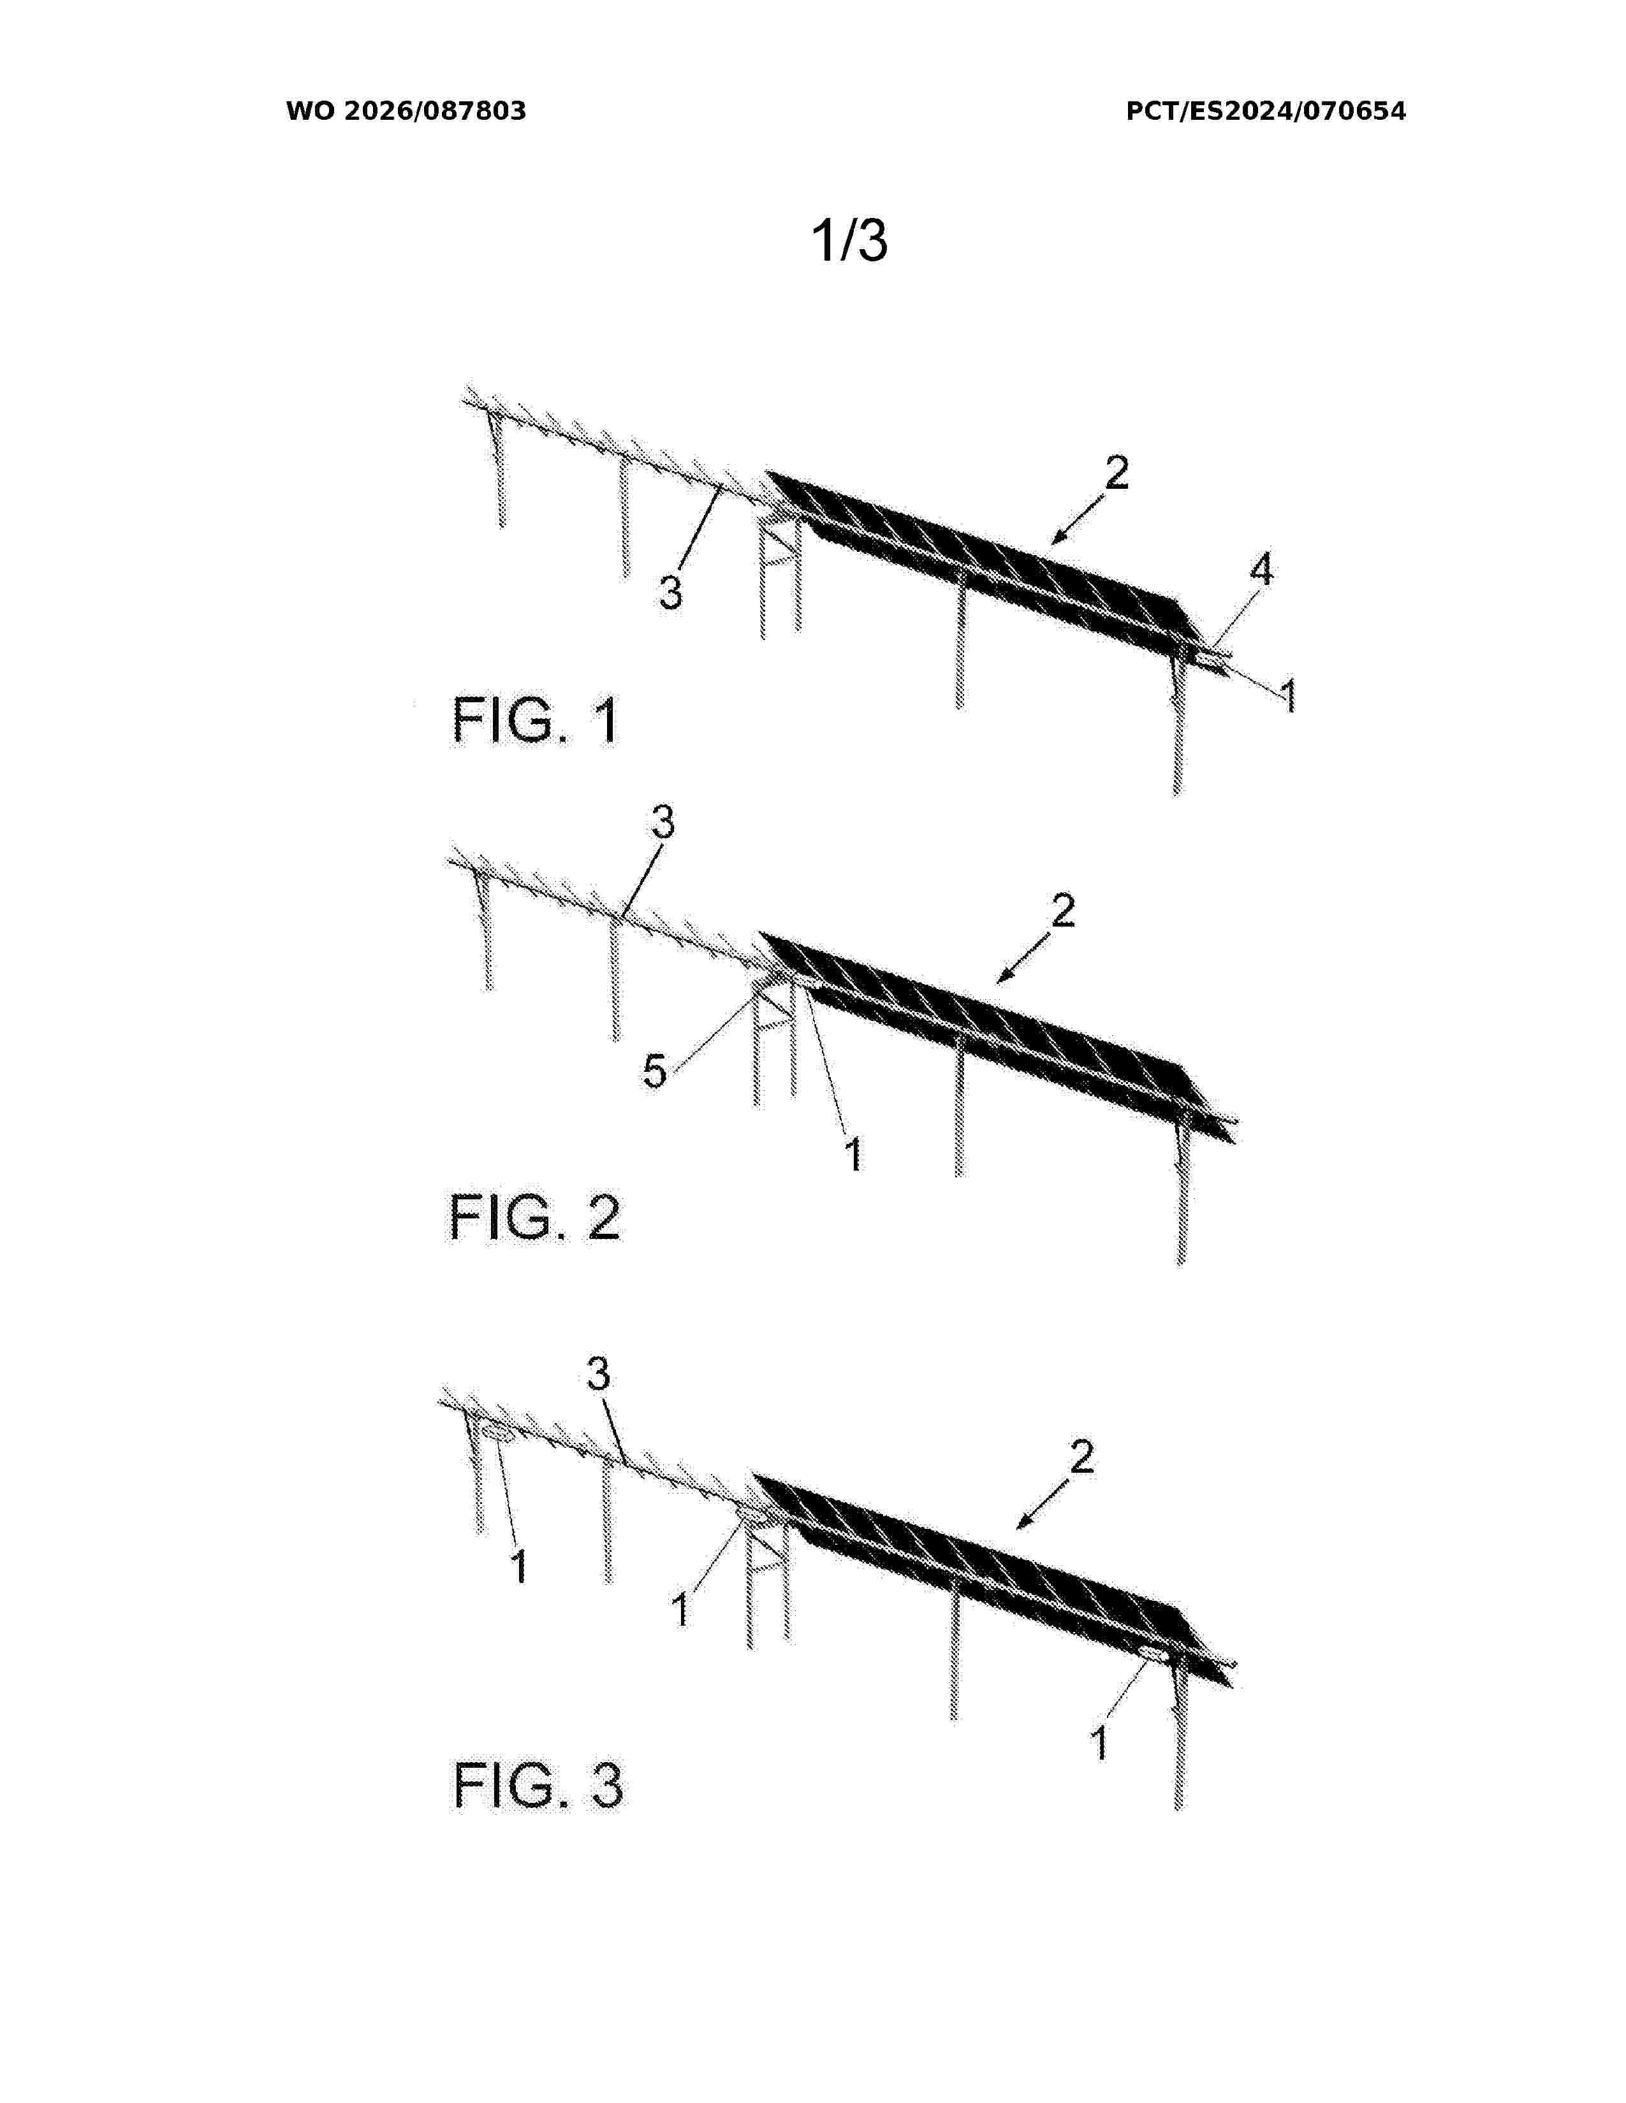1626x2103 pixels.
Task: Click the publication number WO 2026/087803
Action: click(406, 111)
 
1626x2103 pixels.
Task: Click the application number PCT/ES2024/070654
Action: click(1265, 111)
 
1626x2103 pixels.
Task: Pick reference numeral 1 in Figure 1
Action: click(1288, 695)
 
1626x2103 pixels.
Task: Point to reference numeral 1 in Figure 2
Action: click(853, 1153)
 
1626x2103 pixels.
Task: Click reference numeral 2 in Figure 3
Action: click(1081, 1457)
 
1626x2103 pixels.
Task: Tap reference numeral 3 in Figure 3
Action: click(598, 1374)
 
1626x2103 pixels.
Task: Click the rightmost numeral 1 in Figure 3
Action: click(1099, 1744)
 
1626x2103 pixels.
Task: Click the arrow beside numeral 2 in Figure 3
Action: click(1044, 1505)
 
